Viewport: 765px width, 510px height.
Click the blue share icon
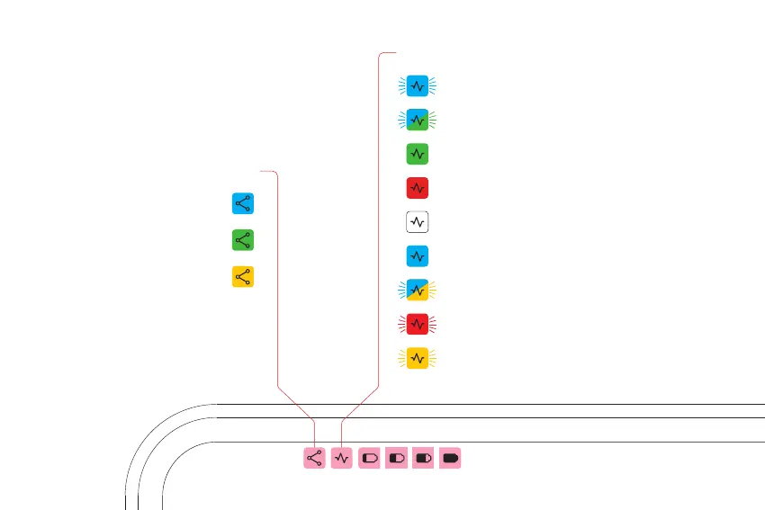242,204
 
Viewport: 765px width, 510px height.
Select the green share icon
242,240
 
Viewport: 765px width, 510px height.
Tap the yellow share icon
242,277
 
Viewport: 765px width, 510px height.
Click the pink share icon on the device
314,458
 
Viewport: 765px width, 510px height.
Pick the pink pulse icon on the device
341,458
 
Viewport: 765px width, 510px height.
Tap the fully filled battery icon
451,458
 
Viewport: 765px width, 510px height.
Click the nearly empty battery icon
369,458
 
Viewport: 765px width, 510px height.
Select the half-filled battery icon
396,458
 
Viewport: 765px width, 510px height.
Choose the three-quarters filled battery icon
423,458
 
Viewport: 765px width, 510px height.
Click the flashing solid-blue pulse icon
417,85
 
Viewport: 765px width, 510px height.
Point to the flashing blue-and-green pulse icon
417,119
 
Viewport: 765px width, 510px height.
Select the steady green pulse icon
417,154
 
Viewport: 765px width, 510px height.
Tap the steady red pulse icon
417,188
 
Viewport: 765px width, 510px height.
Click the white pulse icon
417,221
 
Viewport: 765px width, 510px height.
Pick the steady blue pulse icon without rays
417,256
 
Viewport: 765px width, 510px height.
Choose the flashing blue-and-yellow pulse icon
417,290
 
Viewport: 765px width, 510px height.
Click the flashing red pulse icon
417,323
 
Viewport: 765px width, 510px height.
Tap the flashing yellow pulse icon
417,358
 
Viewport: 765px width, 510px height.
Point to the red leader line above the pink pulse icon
380,225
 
